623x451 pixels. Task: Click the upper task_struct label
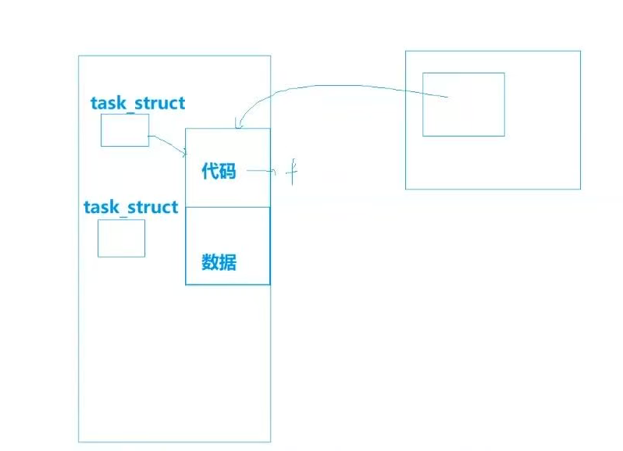click(138, 103)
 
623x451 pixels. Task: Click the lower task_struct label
click(130, 208)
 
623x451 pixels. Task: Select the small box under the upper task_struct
click(125, 130)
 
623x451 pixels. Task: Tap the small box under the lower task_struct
click(121, 238)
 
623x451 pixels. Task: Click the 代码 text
click(219, 171)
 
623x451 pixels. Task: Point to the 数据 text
click(219, 262)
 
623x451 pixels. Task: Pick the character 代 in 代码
click(210, 171)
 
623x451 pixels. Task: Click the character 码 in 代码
click(227, 171)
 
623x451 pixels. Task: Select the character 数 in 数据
click(210, 262)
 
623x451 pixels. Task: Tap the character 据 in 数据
click(227, 262)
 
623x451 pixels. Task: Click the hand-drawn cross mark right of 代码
click(291, 172)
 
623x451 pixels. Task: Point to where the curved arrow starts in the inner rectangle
click(447, 98)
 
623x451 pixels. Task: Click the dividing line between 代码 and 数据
click(227, 207)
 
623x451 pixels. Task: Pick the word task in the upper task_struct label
click(107, 103)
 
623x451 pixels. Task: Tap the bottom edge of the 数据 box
click(227, 284)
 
